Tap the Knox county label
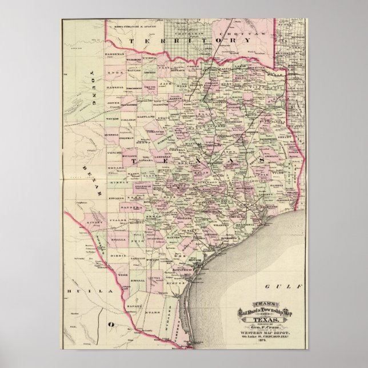point(114,73)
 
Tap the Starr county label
point(150,314)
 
